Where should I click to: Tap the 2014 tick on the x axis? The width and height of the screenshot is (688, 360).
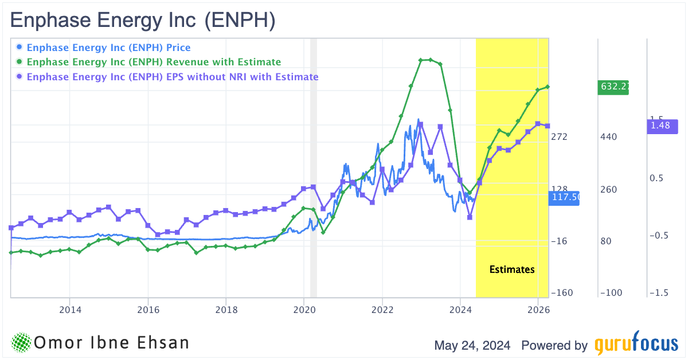click(69, 310)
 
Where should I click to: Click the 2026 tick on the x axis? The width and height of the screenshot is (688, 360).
click(538, 310)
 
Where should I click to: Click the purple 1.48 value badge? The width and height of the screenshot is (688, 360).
click(663, 126)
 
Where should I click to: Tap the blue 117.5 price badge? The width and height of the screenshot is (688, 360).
click(565, 198)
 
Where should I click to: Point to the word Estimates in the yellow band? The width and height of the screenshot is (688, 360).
click(512, 269)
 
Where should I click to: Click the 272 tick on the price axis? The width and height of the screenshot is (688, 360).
click(558, 137)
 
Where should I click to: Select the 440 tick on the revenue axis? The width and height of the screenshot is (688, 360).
click(609, 137)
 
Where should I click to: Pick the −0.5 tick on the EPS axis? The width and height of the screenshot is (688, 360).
click(658, 236)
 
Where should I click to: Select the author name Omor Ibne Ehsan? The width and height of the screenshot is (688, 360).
click(111, 343)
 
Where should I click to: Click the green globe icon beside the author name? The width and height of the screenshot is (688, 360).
click(22, 343)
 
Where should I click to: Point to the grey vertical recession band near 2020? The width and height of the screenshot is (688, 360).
click(313, 166)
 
